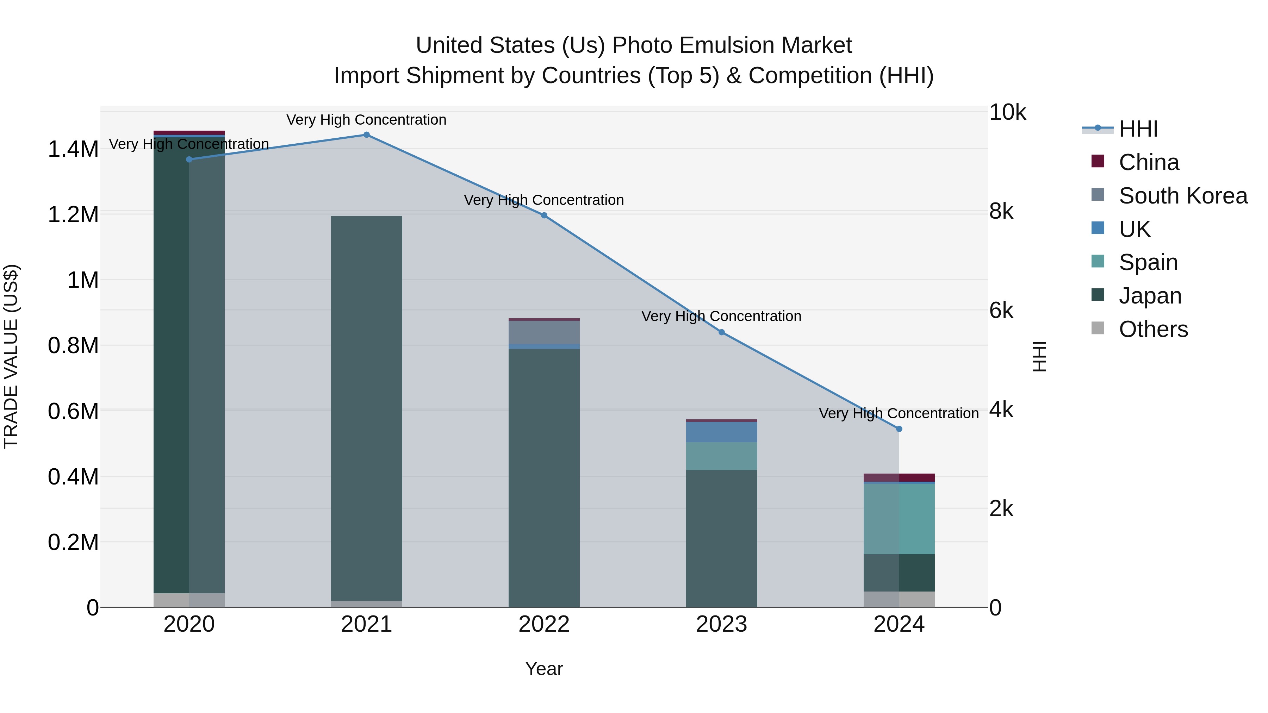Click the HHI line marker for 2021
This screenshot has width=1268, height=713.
366,135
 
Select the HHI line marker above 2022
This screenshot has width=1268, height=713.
544,215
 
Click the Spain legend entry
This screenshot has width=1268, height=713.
1148,262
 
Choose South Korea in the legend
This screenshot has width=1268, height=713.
1183,196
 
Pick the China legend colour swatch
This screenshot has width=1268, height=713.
1098,161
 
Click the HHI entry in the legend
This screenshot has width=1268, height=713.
1138,129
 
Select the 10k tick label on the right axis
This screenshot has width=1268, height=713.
1007,112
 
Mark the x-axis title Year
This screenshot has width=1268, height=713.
544,669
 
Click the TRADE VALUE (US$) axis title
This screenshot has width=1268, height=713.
11,356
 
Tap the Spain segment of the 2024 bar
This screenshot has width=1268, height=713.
899,519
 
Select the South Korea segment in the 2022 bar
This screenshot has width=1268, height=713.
544,332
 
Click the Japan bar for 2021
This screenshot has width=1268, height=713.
366,408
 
